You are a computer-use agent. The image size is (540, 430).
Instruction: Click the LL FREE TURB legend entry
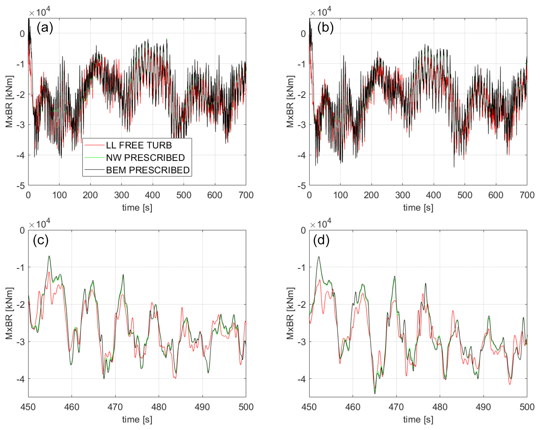click(x=139, y=145)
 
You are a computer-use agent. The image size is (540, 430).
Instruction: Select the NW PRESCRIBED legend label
click(x=145, y=158)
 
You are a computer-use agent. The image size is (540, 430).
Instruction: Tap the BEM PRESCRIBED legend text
click(x=148, y=170)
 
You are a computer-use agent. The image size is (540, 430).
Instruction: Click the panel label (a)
click(x=45, y=28)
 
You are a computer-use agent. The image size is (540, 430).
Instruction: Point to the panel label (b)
click(x=325, y=28)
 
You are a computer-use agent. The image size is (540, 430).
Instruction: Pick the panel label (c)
click(x=41, y=240)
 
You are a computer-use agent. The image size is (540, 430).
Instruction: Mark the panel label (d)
click(x=321, y=240)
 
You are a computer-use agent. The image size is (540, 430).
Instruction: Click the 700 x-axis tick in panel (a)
click(x=246, y=195)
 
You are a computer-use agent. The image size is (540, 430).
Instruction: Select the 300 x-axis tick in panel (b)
click(x=403, y=195)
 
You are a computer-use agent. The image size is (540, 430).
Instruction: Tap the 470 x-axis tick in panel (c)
click(x=115, y=407)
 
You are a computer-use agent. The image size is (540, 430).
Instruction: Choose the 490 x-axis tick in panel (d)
click(x=483, y=407)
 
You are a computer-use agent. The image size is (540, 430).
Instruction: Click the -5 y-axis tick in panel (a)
click(x=21, y=186)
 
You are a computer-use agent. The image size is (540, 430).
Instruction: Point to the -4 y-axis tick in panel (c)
click(x=21, y=379)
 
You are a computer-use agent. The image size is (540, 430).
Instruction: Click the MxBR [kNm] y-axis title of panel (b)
click(x=290, y=102)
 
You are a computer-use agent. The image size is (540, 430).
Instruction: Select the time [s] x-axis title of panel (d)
click(x=418, y=420)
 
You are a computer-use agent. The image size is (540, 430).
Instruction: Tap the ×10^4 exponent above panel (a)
click(x=39, y=12)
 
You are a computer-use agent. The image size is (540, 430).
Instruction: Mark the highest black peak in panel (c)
click(x=49, y=256)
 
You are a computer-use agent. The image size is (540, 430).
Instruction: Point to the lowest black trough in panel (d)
click(x=375, y=393)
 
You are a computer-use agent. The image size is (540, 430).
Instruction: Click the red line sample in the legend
click(x=94, y=145)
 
